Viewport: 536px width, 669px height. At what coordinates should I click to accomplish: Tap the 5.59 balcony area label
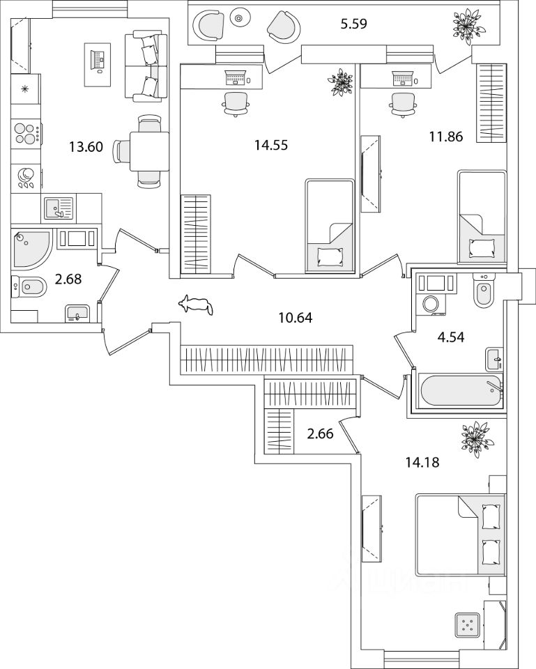353,25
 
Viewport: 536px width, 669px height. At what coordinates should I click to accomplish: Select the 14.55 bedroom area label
270,146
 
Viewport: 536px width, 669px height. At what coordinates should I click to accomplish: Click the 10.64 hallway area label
295,318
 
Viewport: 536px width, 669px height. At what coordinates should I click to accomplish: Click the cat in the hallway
197,304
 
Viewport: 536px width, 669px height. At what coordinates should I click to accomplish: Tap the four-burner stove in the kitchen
25,132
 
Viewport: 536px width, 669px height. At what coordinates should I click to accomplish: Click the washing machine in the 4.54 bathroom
430,304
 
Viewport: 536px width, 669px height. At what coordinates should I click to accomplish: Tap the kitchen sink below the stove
58,208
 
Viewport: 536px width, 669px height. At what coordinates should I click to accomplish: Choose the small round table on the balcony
240,18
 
